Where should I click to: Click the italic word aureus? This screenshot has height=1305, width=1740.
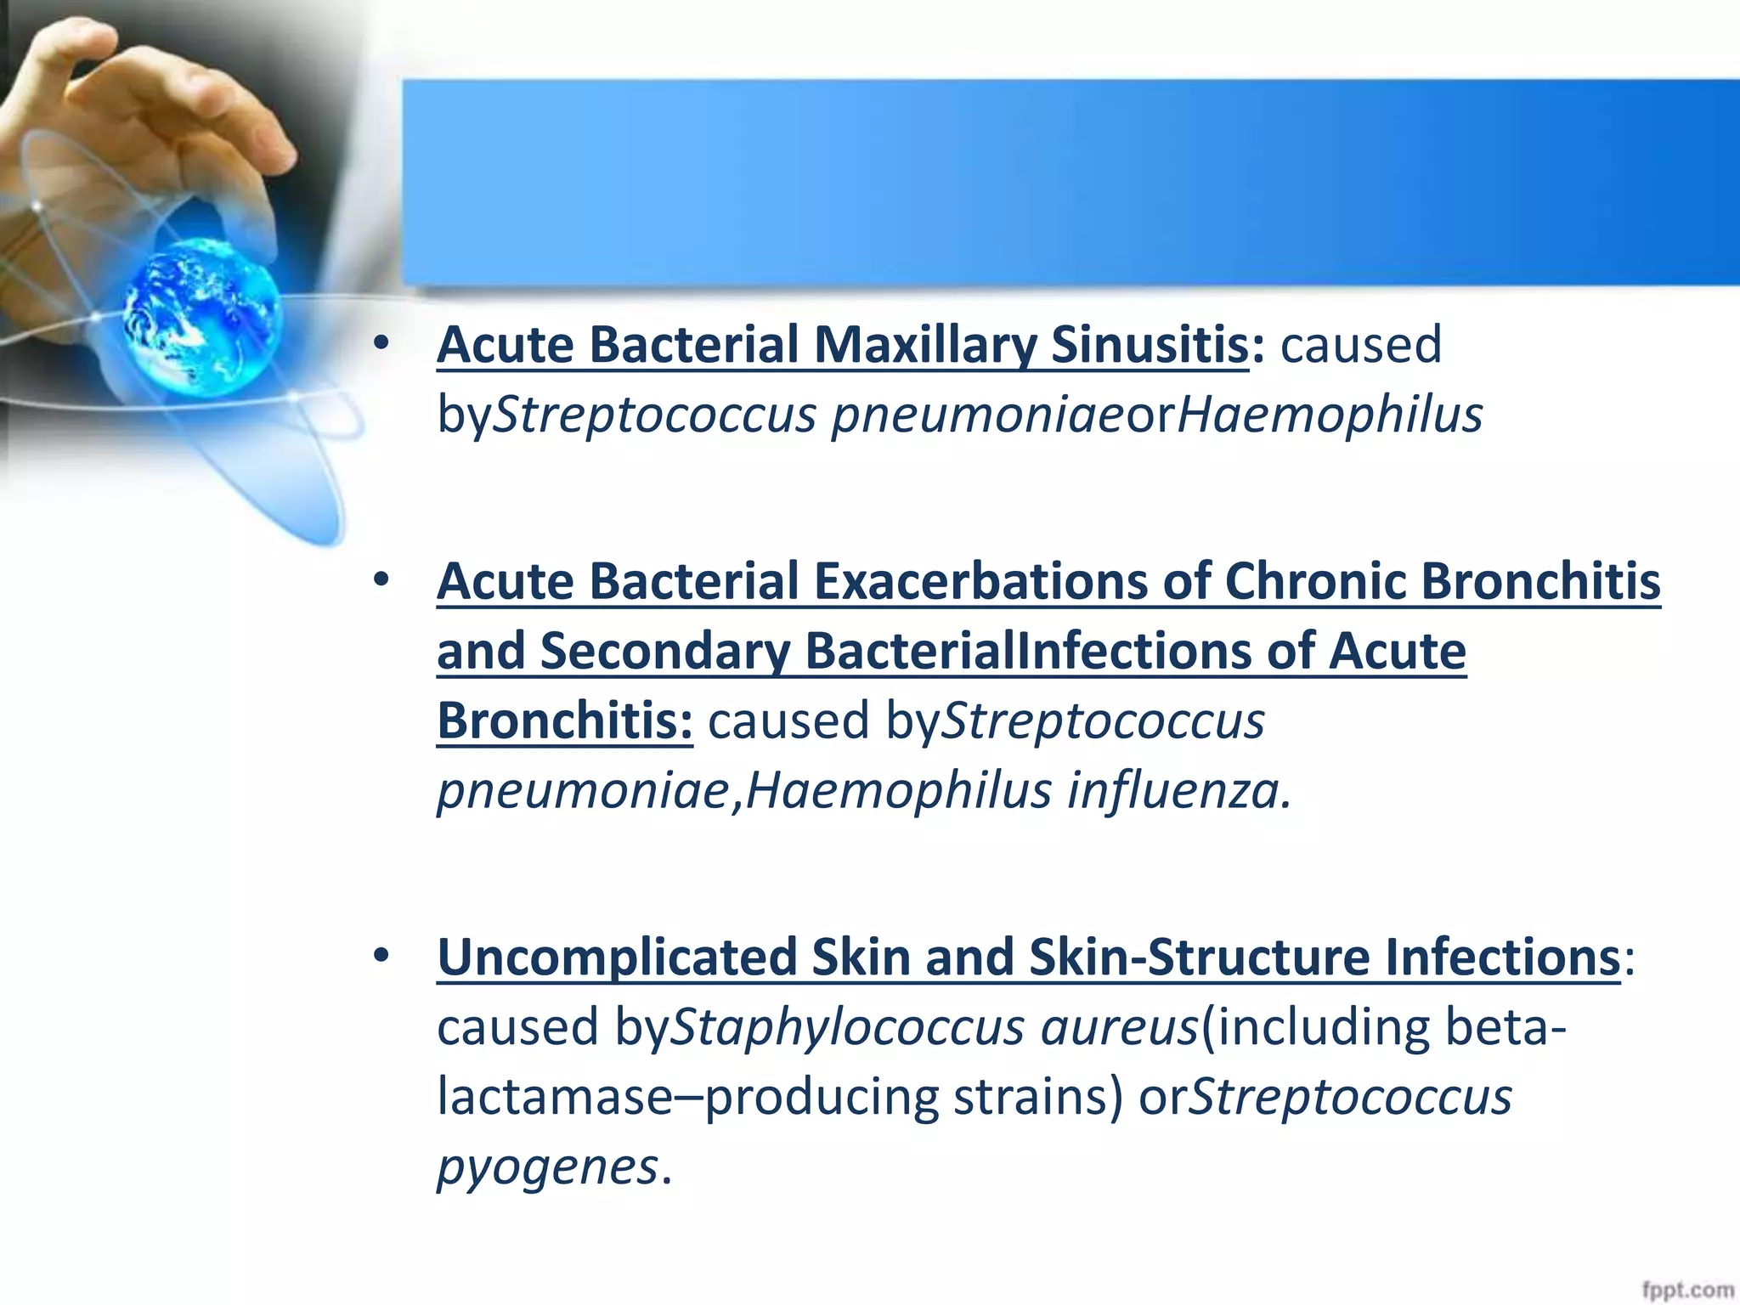coord(1119,1027)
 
